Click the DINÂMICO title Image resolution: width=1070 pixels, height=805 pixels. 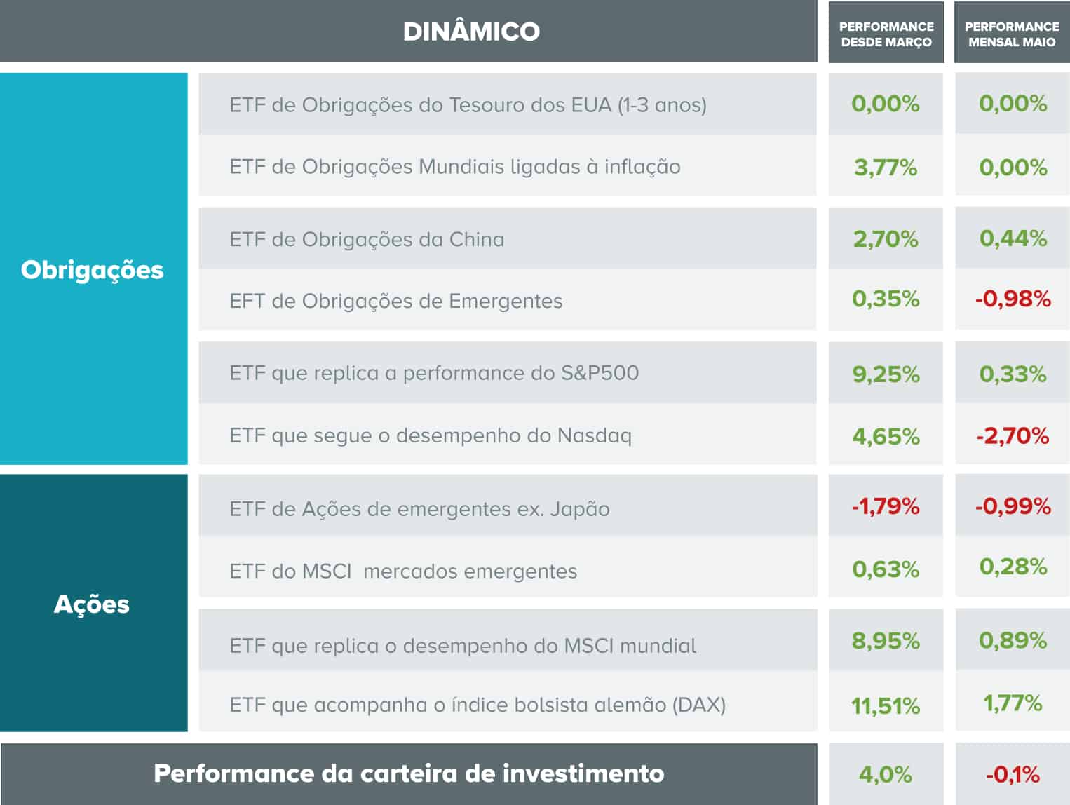click(x=471, y=32)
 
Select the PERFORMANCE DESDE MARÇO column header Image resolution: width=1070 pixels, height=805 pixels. click(x=886, y=34)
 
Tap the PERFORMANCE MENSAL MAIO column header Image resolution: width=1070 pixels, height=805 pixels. click(x=1012, y=34)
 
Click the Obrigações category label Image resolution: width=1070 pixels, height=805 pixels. click(x=92, y=270)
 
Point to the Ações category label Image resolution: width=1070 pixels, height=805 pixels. click(x=92, y=604)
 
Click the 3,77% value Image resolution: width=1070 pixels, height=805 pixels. click(x=886, y=168)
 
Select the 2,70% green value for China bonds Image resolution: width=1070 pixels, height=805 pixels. click(x=886, y=239)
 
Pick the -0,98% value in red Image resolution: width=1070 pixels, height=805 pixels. click(x=1013, y=299)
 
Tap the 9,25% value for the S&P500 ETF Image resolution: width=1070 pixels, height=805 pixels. click(x=886, y=374)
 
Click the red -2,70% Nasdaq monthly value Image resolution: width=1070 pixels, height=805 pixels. click(x=1013, y=436)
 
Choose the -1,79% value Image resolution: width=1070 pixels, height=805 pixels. click(x=886, y=506)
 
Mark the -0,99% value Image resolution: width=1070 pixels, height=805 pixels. click(x=1013, y=506)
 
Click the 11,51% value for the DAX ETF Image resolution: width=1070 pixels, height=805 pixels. click(x=886, y=705)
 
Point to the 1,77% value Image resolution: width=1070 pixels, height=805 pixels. click(x=1013, y=703)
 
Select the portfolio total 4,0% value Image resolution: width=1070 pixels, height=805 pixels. click(x=886, y=775)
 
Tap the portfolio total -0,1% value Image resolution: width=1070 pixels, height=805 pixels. click(x=1013, y=775)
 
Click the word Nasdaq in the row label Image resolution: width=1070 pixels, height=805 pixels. click(x=595, y=436)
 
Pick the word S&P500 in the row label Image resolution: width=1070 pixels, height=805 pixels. click(x=600, y=373)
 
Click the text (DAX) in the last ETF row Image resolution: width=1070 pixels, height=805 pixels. click(x=699, y=705)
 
